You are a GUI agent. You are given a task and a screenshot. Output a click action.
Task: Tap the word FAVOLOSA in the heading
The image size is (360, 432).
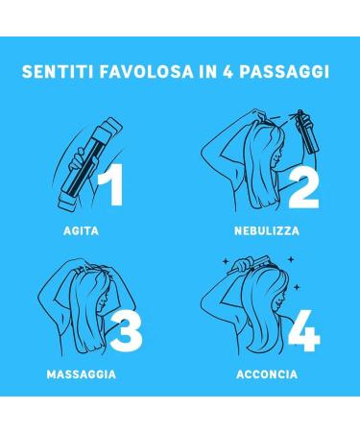click(147, 71)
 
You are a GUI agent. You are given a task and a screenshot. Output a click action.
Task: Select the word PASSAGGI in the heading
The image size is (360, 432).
click(284, 71)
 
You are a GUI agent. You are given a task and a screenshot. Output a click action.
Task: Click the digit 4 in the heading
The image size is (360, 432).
click(228, 71)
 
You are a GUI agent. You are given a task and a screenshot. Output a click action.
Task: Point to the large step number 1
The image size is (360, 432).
click(110, 184)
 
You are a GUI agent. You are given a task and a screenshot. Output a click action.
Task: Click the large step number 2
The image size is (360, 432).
click(303, 189)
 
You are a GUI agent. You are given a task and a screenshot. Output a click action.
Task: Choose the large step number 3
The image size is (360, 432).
click(126, 331)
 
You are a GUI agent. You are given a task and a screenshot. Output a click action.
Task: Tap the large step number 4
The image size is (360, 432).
click(304, 330)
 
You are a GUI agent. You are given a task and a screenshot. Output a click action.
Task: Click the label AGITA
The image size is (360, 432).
click(81, 230)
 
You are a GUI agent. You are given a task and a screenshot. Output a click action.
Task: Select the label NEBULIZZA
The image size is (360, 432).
click(267, 230)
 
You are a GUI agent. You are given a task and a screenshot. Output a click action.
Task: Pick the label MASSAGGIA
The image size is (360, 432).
click(82, 374)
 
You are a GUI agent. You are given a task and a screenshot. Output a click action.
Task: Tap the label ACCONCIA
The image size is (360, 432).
click(267, 374)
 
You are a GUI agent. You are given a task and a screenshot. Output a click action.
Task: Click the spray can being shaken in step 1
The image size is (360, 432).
click(90, 163)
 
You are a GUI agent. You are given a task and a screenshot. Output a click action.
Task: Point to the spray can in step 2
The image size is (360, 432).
click(306, 132)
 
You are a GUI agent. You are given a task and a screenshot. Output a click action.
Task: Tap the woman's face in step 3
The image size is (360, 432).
click(102, 300)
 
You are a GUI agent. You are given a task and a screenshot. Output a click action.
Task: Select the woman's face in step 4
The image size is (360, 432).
click(280, 300)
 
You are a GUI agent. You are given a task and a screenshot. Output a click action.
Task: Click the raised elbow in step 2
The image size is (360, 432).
click(206, 150)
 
